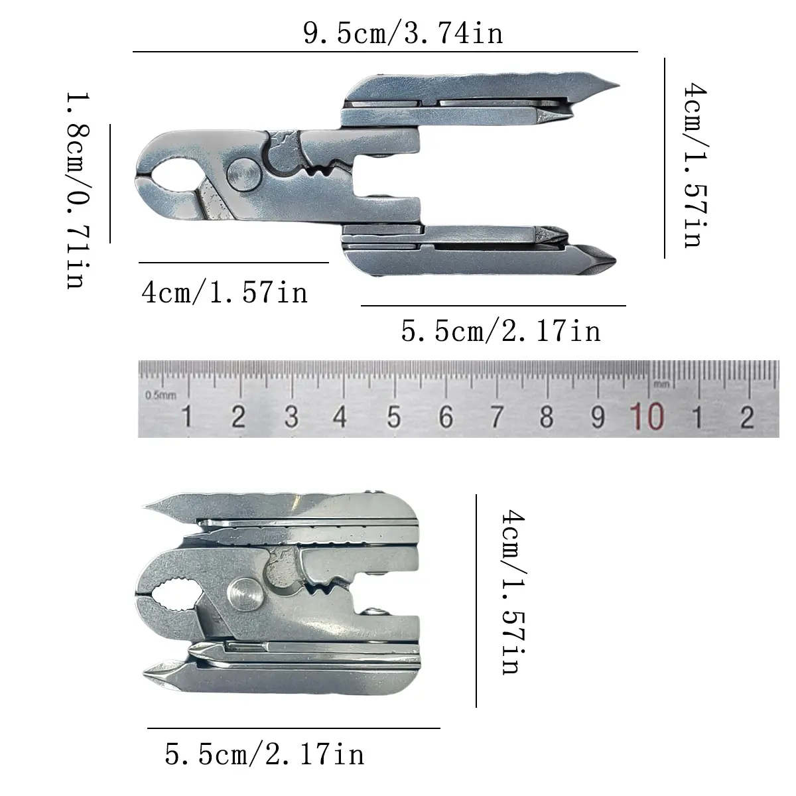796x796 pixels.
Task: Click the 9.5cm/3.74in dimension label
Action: [403, 33]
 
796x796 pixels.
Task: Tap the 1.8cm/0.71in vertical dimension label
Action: [78, 190]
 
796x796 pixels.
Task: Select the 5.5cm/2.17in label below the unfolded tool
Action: [501, 331]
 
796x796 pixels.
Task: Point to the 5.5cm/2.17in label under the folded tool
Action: [265, 754]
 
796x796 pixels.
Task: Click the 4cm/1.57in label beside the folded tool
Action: [513, 592]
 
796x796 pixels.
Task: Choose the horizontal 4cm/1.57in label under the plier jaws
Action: [224, 293]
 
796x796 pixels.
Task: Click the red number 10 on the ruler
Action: [647, 417]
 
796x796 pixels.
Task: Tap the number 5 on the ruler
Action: [393, 417]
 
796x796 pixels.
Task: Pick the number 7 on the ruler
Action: [497, 417]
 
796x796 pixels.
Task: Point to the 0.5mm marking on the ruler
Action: [161, 395]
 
